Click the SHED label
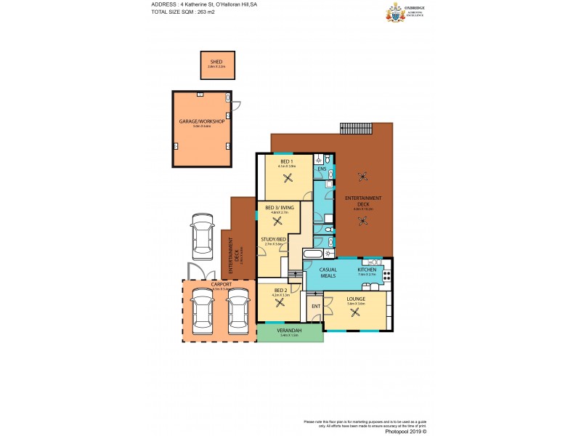tap(216, 62)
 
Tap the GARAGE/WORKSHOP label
tap(202, 121)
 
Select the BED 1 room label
tap(286, 161)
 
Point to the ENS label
tap(322, 169)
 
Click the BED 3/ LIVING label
tap(280, 208)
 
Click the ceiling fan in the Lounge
tap(355, 313)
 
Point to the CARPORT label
tap(221, 284)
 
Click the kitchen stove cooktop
tap(387, 275)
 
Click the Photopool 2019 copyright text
tap(403, 431)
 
